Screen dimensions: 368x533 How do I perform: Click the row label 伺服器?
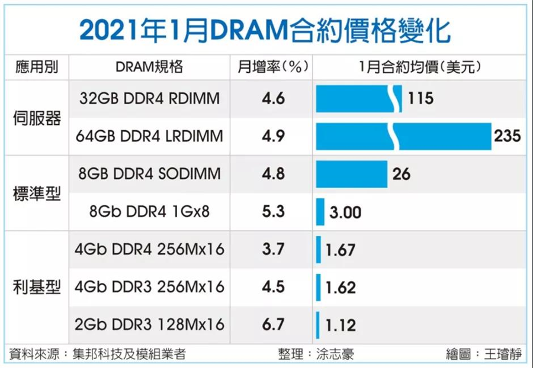(x=37, y=118)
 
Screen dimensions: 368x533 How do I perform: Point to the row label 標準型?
(x=37, y=193)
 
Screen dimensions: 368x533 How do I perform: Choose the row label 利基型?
(x=37, y=288)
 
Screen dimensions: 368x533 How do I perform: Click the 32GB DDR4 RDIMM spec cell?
(x=149, y=98)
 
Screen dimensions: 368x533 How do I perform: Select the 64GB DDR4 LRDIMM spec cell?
(x=149, y=136)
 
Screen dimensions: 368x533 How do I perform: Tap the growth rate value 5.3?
(x=273, y=212)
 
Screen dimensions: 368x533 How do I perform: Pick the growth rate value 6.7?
(x=273, y=325)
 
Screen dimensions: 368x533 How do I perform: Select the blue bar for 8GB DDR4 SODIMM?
(x=352, y=174)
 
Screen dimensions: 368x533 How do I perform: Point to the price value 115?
(x=420, y=98)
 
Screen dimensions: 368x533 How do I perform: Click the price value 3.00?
(x=345, y=212)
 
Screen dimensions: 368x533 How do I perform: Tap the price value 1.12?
(x=340, y=325)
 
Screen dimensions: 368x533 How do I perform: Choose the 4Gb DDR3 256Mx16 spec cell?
(x=149, y=287)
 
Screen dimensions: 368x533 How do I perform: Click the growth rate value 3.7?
(x=273, y=250)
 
